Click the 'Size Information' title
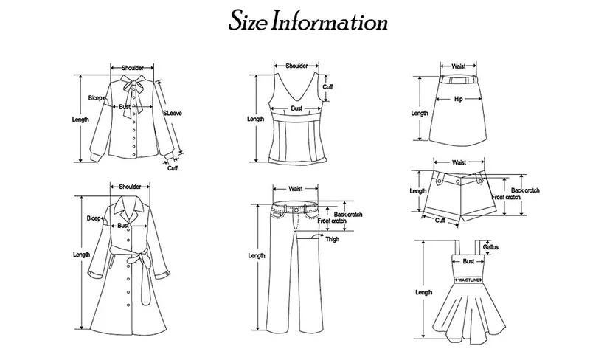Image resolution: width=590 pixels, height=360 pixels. click(308, 21)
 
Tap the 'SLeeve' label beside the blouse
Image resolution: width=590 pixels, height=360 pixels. click(173, 113)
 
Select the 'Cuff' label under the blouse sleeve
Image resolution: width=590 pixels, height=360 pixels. click(173, 168)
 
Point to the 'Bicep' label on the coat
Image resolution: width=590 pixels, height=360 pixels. click(94, 218)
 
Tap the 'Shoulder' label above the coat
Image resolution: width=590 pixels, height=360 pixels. click(130, 187)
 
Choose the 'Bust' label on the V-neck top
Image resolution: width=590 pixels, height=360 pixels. click(296, 108)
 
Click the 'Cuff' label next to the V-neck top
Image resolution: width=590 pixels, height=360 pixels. click(327, 86)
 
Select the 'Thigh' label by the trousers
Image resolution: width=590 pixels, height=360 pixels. click(333, 239)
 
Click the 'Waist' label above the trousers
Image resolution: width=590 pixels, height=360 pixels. click(296, 189)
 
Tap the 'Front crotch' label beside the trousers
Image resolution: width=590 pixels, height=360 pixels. click(332, 221)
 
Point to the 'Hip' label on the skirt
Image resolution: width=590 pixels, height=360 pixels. click(458, 99)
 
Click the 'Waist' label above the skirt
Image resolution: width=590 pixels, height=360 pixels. click(459, 66)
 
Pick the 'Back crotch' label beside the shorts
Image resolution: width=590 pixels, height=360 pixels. click(525, 190)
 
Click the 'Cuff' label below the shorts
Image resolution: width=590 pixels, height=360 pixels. click(440, 220)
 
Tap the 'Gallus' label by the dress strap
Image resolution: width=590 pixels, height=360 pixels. click(490, 247)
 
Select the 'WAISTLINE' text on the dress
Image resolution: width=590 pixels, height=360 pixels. click(469, 280)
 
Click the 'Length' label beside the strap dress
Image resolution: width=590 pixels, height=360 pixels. click(423, 292)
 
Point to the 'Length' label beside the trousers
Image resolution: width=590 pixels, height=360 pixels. click(257, 256)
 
